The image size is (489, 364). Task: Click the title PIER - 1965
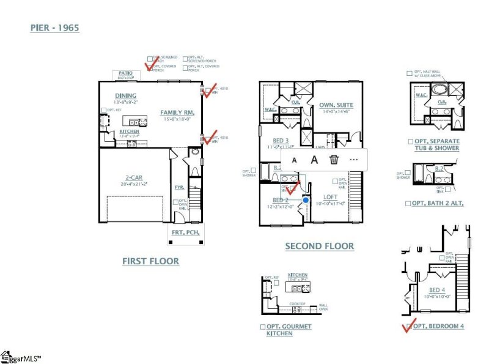click(55, 28)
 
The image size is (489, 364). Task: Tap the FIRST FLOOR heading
click(150, 261)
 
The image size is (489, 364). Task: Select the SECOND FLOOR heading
click(319, 246)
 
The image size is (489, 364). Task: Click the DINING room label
click(125, 96)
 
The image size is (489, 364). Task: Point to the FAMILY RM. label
click(177, 113)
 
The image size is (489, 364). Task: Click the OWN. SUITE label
click(336, 105)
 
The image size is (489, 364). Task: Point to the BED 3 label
click(281, 140)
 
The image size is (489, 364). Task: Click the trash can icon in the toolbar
click(334, 160)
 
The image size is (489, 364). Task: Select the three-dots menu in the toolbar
click(353, 160)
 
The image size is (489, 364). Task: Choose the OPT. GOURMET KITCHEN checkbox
click(263, 327)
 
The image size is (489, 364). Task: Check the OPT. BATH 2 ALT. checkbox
click(408, 203)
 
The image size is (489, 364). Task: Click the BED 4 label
click(437, 290)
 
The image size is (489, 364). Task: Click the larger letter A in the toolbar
click(314, 160)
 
